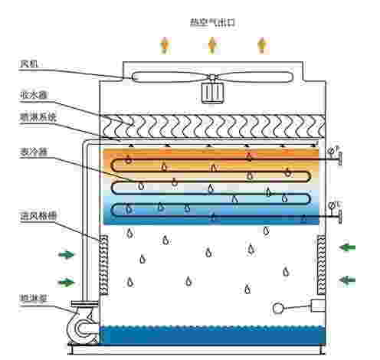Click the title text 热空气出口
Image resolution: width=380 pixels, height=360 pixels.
(211, 23)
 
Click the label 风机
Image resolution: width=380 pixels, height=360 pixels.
(28, 64)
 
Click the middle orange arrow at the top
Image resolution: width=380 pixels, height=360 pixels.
(212, 44)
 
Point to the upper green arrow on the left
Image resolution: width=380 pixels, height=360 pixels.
(67, 254)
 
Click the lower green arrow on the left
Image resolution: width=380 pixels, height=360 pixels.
(67, 282)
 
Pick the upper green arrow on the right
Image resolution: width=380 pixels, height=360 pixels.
(348, 247)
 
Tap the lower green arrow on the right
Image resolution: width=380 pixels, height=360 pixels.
(348, 279)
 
